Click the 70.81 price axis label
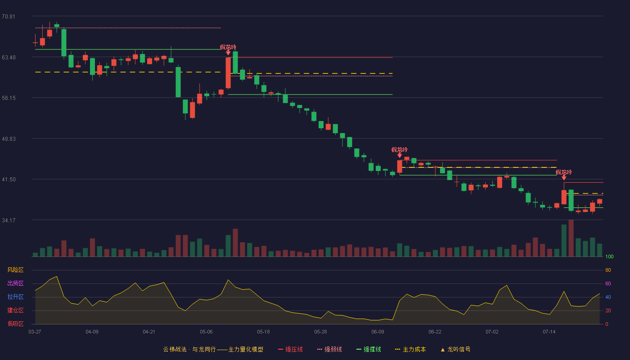(9, 17)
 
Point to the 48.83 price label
(9, 139)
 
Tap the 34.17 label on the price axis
(9, 220)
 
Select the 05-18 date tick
(263, 332)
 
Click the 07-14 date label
(549, 332)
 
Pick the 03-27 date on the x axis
(35, 332)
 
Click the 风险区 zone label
(15, 270)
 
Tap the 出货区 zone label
(15, 283)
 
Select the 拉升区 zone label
(15, 297)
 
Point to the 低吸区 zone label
(15, 324)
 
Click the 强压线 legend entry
(290, 349)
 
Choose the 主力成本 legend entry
(410, 349)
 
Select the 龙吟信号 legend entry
(455, 349)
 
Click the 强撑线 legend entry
(369, 349)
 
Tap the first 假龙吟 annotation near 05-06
(228, 47)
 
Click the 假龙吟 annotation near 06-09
(400, 149)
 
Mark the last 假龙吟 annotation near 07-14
(563, 172)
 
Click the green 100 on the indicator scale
(609, 256)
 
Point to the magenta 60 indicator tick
(608, 283)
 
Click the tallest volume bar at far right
(571, 238)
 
